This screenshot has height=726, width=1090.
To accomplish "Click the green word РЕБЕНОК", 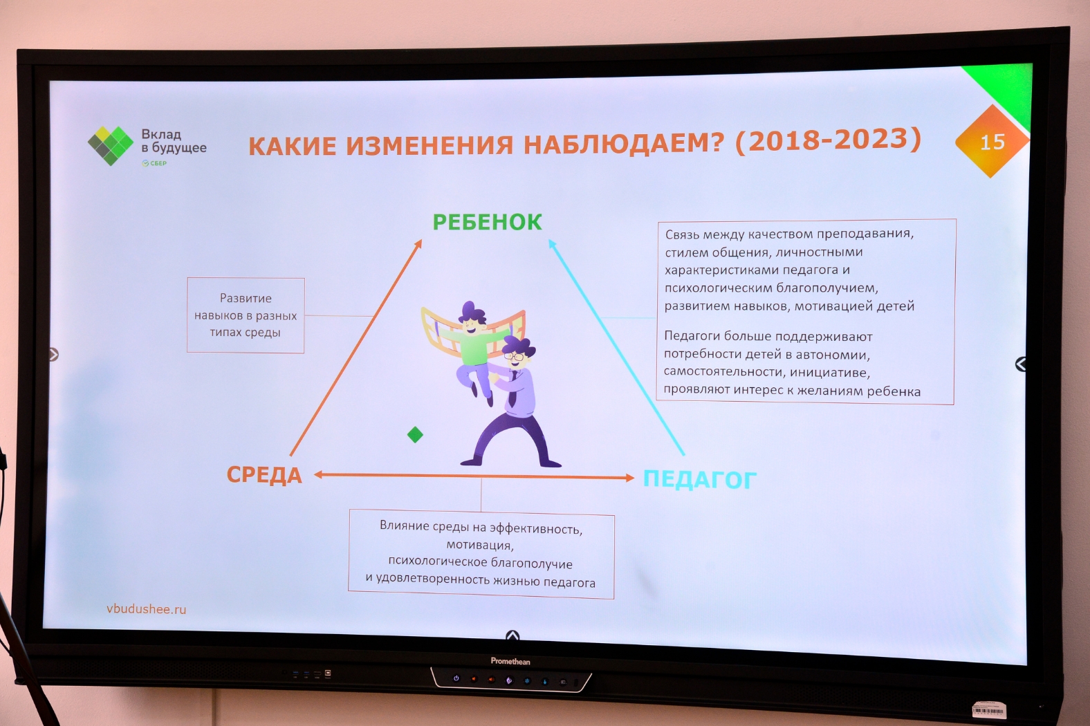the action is click(x=487, y=223).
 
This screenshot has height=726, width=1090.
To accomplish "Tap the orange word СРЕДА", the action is click(x=264, y=474).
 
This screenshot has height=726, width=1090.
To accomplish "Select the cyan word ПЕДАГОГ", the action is click(x=700, y=479).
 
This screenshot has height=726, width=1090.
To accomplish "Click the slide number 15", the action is click(x=992, y=142).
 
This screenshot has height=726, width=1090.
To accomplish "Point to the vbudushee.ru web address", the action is click(x=147, y=609).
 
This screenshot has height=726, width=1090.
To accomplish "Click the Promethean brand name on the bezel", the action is click(x=510, y=661).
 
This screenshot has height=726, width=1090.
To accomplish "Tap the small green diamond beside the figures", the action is click(x=415, y=434).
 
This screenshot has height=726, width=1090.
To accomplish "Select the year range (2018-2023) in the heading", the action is click(x=828, y=140).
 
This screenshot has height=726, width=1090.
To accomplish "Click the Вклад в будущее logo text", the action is click(x=174, y=140).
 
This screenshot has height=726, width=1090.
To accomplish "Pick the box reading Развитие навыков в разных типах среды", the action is click(x=246, y=315).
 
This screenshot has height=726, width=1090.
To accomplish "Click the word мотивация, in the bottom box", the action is click(x=480, y=545).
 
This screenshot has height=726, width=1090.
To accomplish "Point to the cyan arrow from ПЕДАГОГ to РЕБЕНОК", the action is click(x=616, y=347).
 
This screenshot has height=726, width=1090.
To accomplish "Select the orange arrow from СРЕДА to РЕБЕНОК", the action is click(x=356, y=347).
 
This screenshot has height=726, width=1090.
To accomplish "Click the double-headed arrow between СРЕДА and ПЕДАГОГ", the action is click(x=474, y=476).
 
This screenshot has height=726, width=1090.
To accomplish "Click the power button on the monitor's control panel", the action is click(x=456, y=678).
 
